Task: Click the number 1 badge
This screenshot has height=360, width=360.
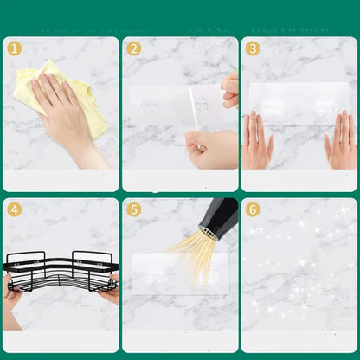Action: [x=14, y=48]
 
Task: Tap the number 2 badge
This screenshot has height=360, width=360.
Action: [x=133, y=48]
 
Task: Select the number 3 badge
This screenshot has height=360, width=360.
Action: [x=253, y=48]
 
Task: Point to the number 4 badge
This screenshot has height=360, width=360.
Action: [x=14, y=210]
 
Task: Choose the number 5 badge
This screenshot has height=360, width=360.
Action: [x=133, y=210]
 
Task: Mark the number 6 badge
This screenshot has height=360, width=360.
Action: [x=253, y=210]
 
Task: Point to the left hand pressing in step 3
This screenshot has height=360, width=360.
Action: [x=257, y=140]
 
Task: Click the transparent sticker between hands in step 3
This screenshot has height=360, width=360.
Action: [x=298, y=104]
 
